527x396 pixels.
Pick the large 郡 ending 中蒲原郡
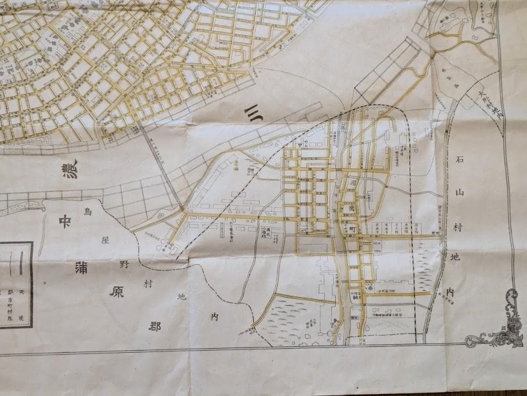[x=155, y=327]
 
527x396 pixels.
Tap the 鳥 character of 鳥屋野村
[x=88, y=212]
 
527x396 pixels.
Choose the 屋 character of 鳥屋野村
[x=104, y=240]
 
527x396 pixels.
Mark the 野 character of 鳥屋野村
[x=125, y=264]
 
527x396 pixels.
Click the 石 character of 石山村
[x=459, y=160]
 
